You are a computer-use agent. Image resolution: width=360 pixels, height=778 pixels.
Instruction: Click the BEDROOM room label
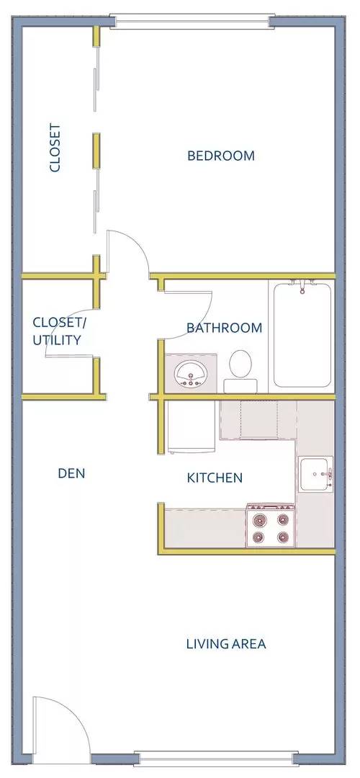point(220,156)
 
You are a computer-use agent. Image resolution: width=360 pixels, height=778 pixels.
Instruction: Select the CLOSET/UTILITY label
point(59,331)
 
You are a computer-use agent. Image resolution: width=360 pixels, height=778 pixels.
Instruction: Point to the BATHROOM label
point(224,328)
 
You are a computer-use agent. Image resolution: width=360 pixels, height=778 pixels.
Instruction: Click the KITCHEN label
point(215,478)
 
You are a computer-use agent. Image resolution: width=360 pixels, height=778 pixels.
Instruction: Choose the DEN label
point(71,473)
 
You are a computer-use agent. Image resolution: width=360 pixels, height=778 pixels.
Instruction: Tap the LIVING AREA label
point(226,644)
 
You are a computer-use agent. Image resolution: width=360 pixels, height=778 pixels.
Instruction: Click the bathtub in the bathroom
point(302,334)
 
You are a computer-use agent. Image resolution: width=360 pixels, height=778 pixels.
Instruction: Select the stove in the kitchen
point(270,526)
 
